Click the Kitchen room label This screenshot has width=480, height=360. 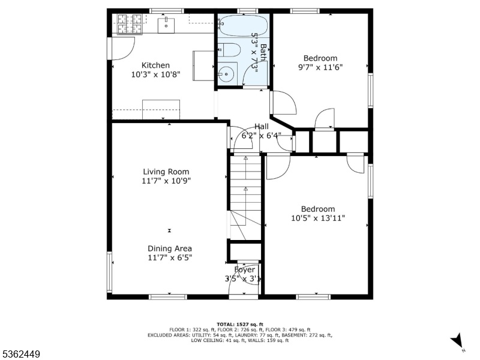(155, 65)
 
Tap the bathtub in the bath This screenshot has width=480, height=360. (244, 26)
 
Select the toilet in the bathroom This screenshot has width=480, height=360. (230, 50)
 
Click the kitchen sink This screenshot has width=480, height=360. (166, 25)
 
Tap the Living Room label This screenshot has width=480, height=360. (166, 172)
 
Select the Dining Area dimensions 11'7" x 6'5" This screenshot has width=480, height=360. (170, 258)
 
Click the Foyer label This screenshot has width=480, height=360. (244, 269)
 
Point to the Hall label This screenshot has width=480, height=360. (262, 127)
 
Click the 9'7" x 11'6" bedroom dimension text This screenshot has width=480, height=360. (320, 67)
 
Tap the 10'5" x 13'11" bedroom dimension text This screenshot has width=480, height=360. (318, 218)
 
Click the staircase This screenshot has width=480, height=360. (245, 197)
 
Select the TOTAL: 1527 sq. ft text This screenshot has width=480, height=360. (239, 324)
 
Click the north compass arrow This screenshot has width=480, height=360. (457, 340)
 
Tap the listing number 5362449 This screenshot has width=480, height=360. (20, 354)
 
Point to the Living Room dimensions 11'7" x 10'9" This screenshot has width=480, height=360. (166, 181)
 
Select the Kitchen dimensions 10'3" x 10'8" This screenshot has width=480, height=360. (155, 74)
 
